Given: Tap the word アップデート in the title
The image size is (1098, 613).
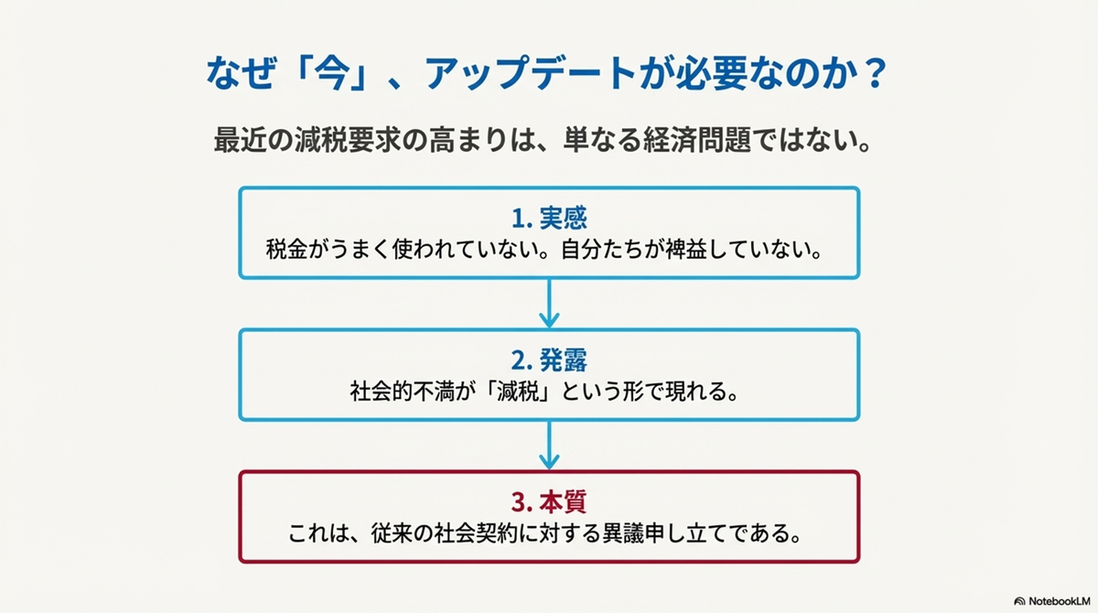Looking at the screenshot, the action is (x=530, y=73).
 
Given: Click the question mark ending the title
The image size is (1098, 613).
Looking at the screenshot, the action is (x=874, y=73).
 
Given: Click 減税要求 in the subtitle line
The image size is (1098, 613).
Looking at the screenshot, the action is (x=348, y=140).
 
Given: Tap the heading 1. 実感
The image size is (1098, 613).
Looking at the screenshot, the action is (x=549, y=219).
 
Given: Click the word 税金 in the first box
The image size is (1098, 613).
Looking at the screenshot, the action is (x=286, y=250).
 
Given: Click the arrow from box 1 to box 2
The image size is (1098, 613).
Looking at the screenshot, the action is (x=549, y=304).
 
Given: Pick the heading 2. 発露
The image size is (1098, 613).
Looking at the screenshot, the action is (x=549, y=360).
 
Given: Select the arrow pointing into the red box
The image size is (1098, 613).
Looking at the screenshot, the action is (x=549, y=446).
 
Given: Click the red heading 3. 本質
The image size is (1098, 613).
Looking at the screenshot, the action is (x=549, y=502).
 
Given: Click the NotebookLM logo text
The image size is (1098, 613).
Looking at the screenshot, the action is (x=1060, y=601).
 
